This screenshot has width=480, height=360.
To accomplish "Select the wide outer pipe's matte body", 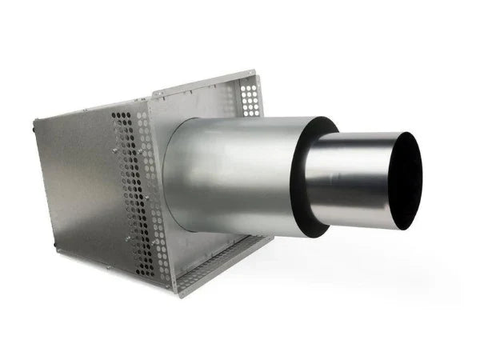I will (232, 172).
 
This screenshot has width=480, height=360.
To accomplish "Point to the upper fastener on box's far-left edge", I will (35, 124).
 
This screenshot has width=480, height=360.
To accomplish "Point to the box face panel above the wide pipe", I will (200, 100).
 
